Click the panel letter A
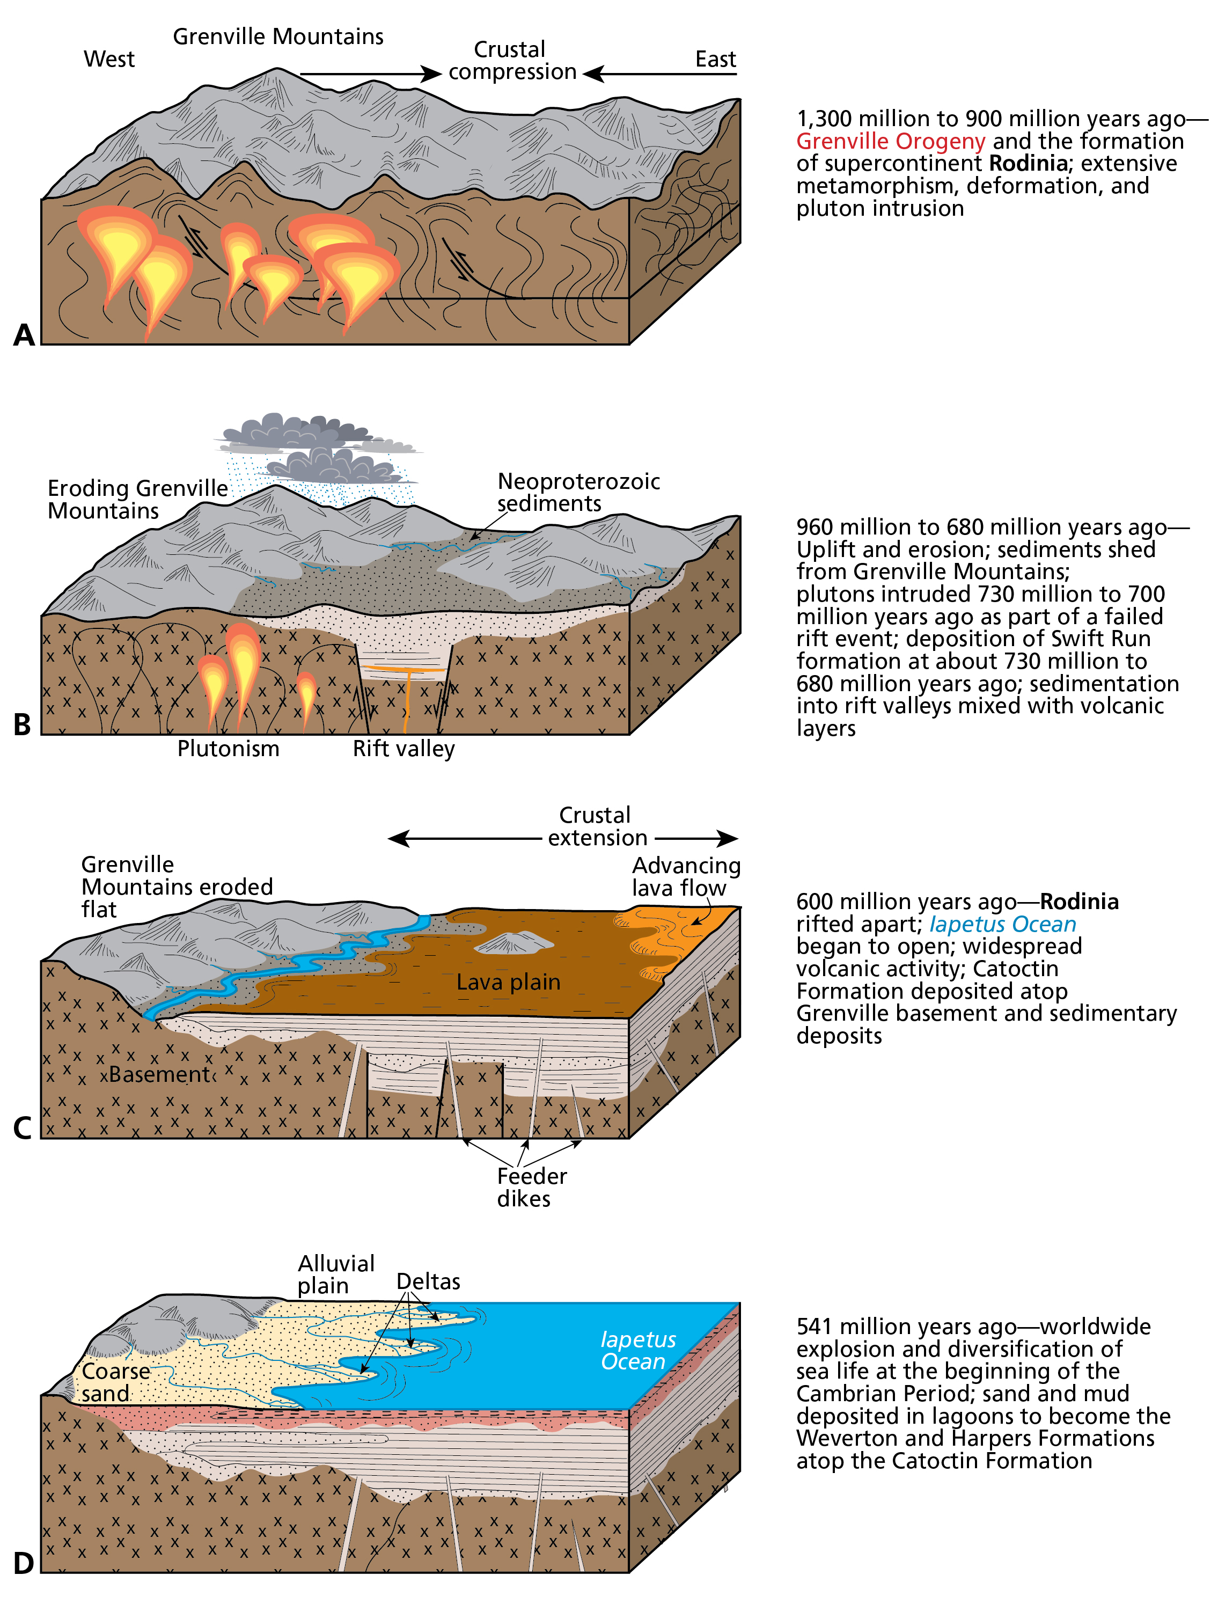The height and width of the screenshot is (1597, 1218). (x=24, y=335)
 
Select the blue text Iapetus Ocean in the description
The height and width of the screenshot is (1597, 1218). (x=1003, y=924)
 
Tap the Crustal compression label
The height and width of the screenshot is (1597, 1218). (x=512, y=61)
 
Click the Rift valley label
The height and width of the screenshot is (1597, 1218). (x=404, y=749)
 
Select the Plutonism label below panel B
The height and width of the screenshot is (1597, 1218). (x=229, y=749)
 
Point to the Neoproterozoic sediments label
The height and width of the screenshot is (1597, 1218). (x=578, y=492)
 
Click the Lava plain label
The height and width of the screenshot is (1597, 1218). (x=508, y=982)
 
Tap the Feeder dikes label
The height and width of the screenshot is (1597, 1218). (x=531, y=1188)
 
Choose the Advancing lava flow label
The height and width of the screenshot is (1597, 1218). (x=686, y=876)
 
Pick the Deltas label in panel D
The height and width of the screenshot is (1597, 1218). (x=428, y=1281)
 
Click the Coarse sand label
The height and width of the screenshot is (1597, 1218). (x=115, y=1382)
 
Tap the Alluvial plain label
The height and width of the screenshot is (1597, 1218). (x=336, y=1274)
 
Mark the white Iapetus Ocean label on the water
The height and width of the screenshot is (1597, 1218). (x=637, y=1351)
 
